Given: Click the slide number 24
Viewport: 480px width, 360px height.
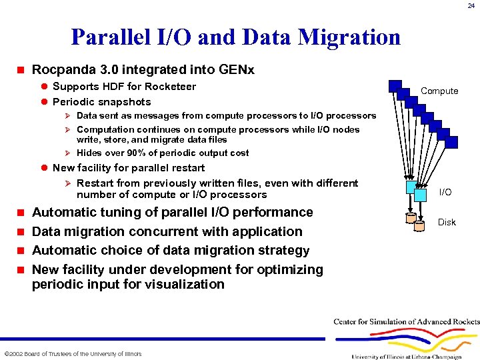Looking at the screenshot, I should coord(471,5).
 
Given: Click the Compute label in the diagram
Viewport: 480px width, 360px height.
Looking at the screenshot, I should coord(439,91).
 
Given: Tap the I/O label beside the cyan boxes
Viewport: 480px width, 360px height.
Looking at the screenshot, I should coord(445,192).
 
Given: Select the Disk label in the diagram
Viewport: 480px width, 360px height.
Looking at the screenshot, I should coord(447,222).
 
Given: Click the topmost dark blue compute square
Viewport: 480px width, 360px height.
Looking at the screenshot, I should coord(395,85).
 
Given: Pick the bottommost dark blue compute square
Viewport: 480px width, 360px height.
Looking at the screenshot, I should coord(452,141).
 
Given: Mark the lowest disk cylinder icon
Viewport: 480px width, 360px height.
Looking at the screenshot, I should coord(419,226).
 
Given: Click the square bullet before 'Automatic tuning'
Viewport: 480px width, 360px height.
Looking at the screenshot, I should coord(20,213).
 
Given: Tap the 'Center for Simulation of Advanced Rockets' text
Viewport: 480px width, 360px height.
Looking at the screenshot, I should coord(407,322).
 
